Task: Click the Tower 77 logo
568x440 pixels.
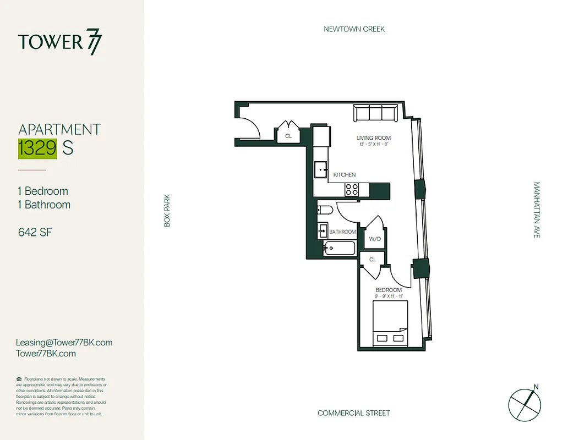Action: [x=59, y=42]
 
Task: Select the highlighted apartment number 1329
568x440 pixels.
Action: [x=37, y=148]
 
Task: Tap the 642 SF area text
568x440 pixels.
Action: [x=35, y=232]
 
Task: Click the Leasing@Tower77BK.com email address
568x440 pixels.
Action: [x=64, y=342]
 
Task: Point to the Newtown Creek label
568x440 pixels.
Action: [x=354, y=29]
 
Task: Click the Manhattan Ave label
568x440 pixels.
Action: [x=537, y=210]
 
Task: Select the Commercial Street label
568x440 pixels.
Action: [x=353, y=413]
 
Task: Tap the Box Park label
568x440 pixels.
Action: [x=167, y=210]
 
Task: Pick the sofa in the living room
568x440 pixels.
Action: [x=375, y=113]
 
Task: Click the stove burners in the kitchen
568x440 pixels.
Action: [x=351, y=190]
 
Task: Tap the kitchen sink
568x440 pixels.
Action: [x=320, y=170]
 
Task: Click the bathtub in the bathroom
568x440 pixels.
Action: [x=340, y=249]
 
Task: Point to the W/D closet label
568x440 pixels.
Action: [x=375, y=239]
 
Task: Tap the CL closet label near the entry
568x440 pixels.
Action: [x=288, y=135]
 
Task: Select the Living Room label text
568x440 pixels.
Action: [x=373, y=137]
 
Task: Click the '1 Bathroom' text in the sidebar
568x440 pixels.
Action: [x=44, y=205]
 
